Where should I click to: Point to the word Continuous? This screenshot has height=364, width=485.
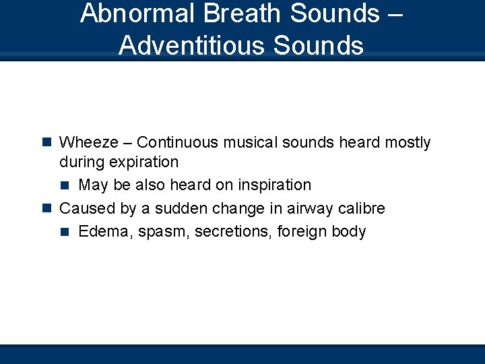(179, 142)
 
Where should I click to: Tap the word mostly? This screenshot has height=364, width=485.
(408, 143)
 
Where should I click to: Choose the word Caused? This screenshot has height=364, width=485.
(84, 208)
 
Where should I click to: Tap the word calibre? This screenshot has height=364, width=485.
(361, 208)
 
